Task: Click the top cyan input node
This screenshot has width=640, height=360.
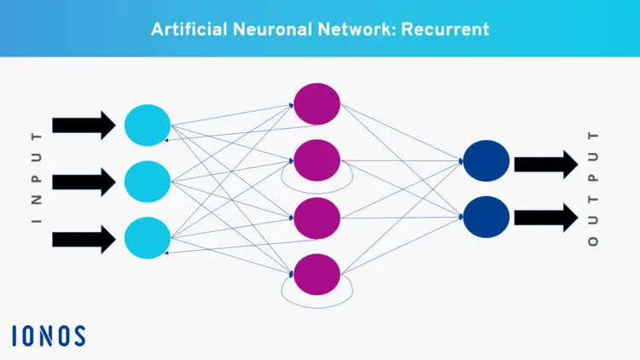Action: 148,125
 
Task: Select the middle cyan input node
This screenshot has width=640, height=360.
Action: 148,181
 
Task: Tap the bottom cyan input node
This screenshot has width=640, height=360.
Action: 148,237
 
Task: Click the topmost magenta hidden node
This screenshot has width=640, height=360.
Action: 317,104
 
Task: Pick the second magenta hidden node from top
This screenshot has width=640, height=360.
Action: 317,160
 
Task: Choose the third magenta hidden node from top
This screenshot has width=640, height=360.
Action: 317,218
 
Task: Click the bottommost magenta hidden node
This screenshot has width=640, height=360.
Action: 317,274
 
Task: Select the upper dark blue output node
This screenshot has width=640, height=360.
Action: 486,161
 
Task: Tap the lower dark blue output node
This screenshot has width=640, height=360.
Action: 486,217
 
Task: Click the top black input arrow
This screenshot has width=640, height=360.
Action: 84,125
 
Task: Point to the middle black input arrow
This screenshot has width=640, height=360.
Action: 84,181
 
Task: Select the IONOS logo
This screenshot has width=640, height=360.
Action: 49,335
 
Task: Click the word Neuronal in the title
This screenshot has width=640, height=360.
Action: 268,29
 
